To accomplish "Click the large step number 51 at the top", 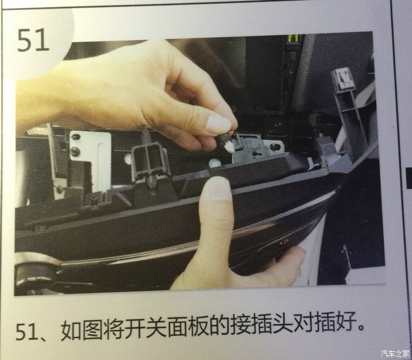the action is [x=33, y=40].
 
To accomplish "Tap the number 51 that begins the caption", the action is [x=26, y=332].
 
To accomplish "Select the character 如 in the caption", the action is [x=71, y=331].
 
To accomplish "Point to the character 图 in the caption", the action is [x=92, y=331].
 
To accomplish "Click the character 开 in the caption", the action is [x=135, y=331].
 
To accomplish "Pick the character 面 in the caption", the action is [x=177, y=330].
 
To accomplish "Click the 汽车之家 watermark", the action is [x=395, y=353].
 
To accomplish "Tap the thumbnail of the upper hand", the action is [x=218, y=124].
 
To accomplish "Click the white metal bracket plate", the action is [x=91, y=158].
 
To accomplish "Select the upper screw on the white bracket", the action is [x=76, y=137].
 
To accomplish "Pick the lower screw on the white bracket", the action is [x=75, y=152].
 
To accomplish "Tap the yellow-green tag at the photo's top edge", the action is [x=294, y=38].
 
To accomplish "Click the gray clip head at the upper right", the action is [x=343, y=78].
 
